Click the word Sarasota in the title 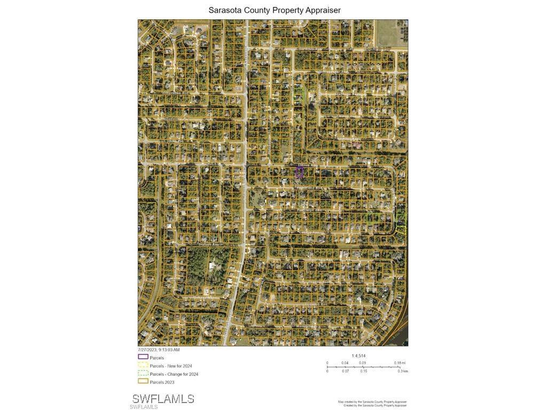tap(224, 10)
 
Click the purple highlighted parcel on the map tap(299, 172)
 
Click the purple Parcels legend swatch tap(143, 357)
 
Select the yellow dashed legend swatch tap(143, 365)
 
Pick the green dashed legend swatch tap(143, 373)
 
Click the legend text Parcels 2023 tap(162, 382)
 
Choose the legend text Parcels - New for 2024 tap(170, 366)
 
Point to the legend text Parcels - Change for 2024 tap(174, 374)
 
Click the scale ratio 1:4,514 tap(358, 356)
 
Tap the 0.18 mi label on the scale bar tap(400, 363)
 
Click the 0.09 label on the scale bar tap(362, 363)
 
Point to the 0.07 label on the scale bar tap(345, 371)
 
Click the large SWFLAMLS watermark tap(163, 399)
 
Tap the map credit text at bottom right tap(372, 404)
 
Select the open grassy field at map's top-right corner tap(392, 33)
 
